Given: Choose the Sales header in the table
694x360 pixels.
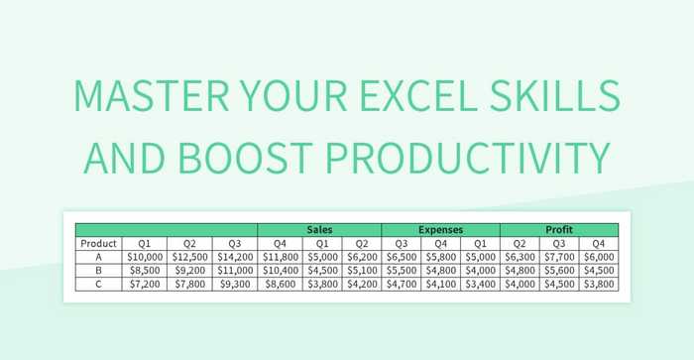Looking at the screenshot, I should [319, 229].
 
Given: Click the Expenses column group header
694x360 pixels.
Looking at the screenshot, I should [440, 229].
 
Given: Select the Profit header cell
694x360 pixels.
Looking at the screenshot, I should [559, 229].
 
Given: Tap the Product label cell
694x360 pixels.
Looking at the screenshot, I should [98, 243].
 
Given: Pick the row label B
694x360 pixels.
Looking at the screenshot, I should [98, 270].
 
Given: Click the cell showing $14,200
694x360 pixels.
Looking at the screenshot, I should [235, 257].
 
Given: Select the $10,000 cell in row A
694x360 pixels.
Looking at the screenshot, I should [145, 257].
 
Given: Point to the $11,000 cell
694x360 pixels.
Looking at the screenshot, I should [235, 270].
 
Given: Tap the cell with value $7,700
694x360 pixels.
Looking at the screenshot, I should [559, 257].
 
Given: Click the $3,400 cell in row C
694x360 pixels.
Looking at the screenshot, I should [480, 284].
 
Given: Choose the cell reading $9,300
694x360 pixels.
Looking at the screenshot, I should [235, 284].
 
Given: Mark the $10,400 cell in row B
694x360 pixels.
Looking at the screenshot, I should [280, 270].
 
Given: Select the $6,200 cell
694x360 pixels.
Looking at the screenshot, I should [361, 257].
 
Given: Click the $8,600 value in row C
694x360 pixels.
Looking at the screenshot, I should [280, 284].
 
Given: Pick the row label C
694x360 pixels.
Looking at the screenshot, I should [98, 284].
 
